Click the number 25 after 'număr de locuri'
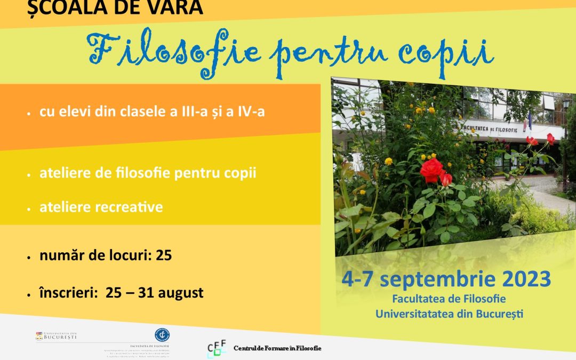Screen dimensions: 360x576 click(164, 255)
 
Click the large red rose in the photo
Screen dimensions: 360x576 click(432, 170)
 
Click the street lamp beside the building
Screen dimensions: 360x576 click(565, 107)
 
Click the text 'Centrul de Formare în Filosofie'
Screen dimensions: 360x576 click(277, 349)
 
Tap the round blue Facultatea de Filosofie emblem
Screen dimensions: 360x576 click(162, 334)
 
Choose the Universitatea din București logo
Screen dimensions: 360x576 click(56, 336)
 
